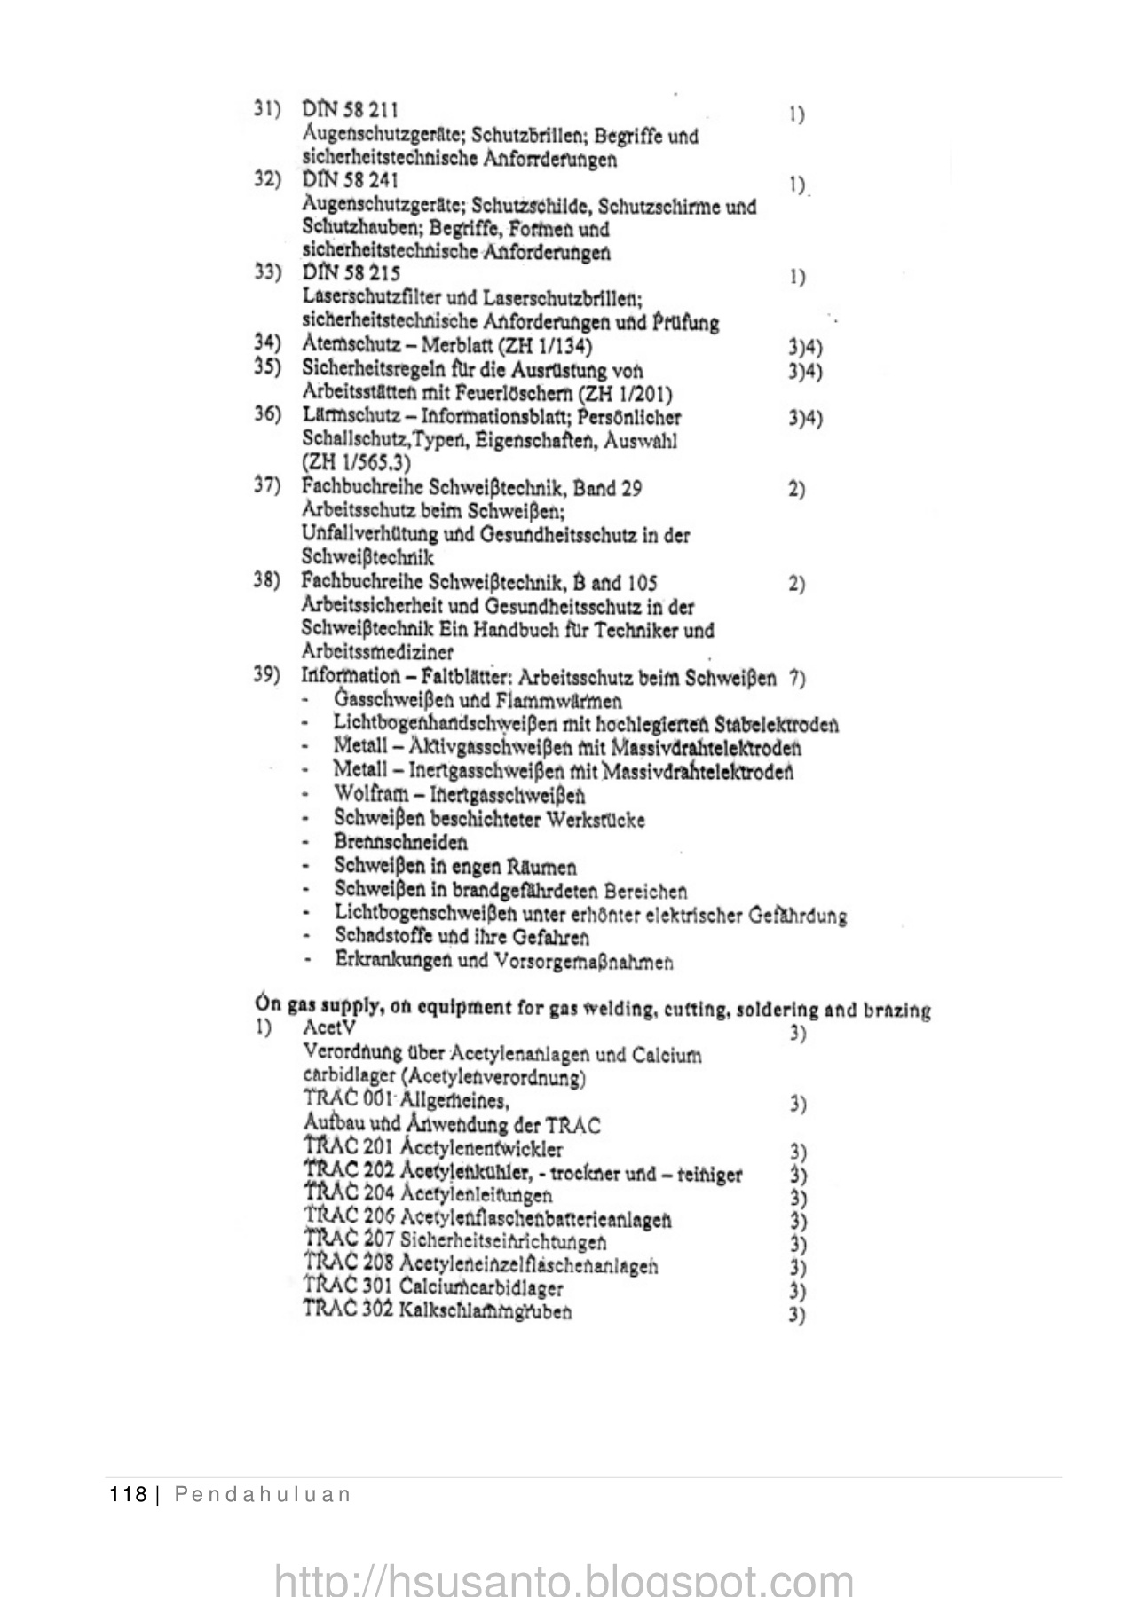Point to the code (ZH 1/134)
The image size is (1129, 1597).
tap(549, 345)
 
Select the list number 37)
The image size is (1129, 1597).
tap(267, 486)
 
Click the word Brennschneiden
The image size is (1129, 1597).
tap(400, 842)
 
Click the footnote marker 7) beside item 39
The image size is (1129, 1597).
tap(796, 679)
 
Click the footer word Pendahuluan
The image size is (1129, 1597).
tap(262, 1495)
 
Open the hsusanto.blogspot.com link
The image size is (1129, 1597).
tap(564, 1579)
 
